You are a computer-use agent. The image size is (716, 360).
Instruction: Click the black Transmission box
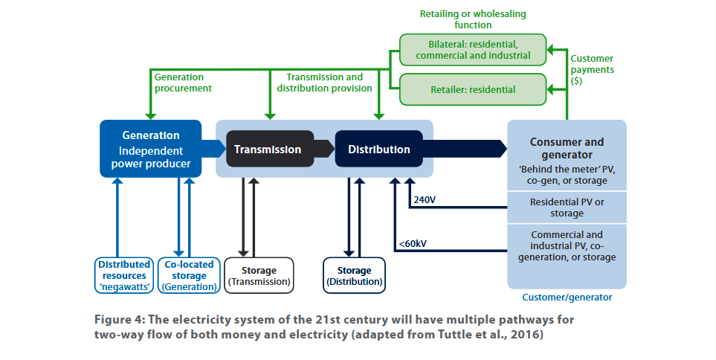[268, 149]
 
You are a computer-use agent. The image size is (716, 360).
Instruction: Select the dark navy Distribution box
[378, 149]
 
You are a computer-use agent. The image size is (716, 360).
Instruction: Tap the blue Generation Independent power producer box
[150, 149]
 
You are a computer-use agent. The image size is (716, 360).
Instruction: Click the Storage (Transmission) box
[259, 275]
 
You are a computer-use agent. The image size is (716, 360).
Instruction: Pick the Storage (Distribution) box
[355, 275]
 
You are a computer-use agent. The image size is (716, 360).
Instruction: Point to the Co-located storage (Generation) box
[190, 275]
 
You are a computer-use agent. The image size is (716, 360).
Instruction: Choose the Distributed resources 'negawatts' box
[124, 275]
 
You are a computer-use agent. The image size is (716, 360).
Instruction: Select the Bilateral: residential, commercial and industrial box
[473, 50]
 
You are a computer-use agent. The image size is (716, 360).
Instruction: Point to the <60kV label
[413, 243]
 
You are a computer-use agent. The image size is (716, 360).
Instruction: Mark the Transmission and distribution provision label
[324, 82]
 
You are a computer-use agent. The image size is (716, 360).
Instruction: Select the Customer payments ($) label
[592, 69]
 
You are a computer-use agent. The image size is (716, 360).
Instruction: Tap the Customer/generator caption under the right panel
[567, 298]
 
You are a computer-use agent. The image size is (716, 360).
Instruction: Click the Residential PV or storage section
[567, 208]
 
